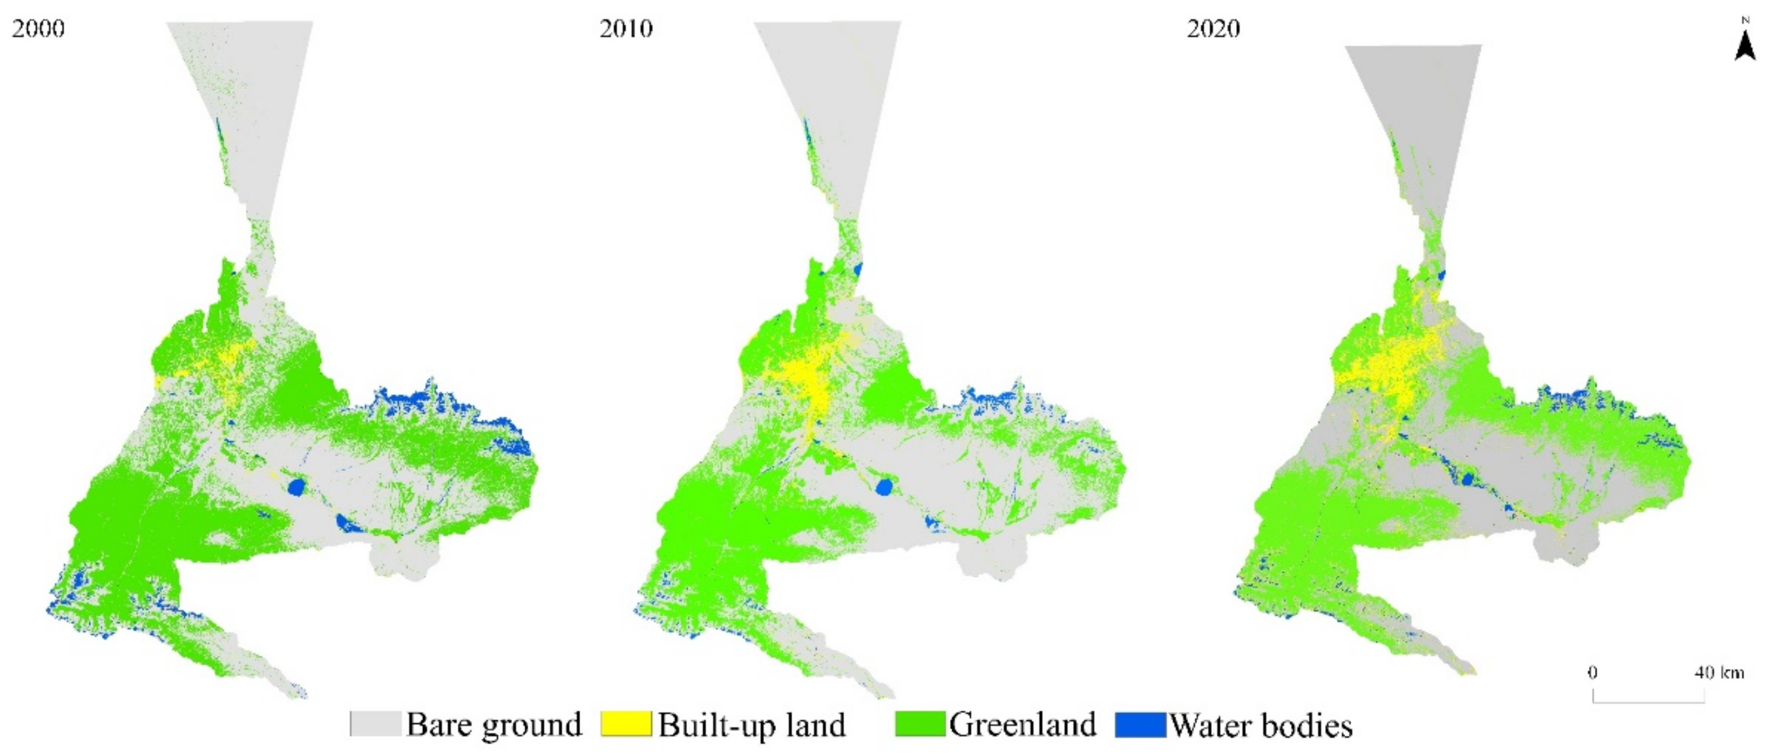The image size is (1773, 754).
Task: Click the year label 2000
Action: (x=39, y=29)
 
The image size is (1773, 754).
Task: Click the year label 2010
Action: (x=626, y=29)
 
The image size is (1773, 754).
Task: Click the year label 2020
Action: (x=1213, y=29)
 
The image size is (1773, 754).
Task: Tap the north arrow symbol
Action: (x=1745, y=45)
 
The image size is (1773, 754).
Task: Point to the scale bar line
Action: (x=1648, y=701)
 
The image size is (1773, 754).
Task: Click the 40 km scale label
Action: (x=1719, y=672)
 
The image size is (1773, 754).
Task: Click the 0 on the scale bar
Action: (x=1592, y=672)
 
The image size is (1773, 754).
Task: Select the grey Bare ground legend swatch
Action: (x=375, y=725)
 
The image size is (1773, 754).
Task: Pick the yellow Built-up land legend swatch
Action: (x=626, y=725)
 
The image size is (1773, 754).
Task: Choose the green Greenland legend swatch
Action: (x=919, y=725)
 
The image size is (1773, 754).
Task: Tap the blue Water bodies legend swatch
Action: (x=1140, y=725)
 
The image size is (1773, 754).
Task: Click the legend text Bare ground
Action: (x=494, y=725)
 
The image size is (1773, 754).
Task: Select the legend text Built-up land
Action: (x=752, y=725)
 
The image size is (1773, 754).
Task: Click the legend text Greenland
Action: (x=1022, y=725)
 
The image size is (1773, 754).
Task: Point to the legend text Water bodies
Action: (x=1261, y=726)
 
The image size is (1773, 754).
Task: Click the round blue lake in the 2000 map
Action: (x=296, y=487)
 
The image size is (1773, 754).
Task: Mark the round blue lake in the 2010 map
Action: (x=884, y=487)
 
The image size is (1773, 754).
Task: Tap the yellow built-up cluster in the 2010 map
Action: (x=808, y=382)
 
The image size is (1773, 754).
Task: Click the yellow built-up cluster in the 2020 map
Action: (x=1397, y=372)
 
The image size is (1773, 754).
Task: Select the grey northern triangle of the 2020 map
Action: (x=1411, y=104)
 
